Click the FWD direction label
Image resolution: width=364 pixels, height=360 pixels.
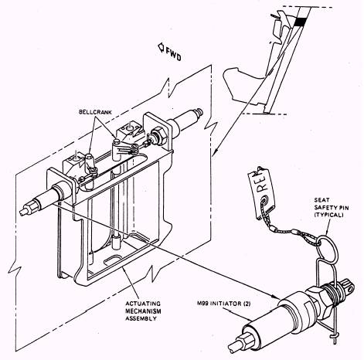pos(173,55)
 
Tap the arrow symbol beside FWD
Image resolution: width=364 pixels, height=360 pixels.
pos(162,48)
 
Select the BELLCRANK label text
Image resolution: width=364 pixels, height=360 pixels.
pos(95,112)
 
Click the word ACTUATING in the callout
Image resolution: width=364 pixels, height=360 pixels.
pos(142,304)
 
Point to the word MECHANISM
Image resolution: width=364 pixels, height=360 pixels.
pos(143,311)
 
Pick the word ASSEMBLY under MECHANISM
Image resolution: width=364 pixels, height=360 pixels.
pos(141,318)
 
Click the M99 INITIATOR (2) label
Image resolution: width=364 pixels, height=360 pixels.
pos(223,304)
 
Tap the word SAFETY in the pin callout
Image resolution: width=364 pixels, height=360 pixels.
pos(328,207)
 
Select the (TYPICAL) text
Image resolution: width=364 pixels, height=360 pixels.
pos(328,215)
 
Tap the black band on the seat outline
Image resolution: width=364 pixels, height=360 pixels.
pos(299,22)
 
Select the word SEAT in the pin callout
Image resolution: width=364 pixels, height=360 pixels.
pos(321,200)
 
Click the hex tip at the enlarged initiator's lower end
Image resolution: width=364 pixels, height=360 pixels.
pos(240,343)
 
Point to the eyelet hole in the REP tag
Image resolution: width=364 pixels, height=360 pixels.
pos(265,199)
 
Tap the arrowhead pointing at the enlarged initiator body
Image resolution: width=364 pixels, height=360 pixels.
pos(276,297)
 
